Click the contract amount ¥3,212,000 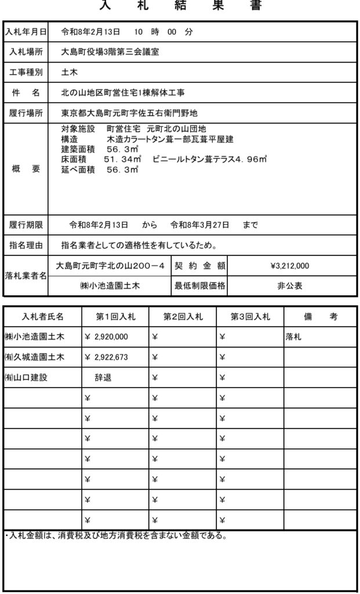pos(289,266)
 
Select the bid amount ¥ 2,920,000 pos(107,337)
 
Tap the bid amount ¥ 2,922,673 pos(107,357)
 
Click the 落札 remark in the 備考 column pos(294,337)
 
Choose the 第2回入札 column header pos(183,317)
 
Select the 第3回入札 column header pos(250,317)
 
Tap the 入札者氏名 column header pos(43,317)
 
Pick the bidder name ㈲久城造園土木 pos(34,357)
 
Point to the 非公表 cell pos(289,286)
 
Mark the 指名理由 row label pos(26,245)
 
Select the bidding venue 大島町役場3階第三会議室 pos(110,52)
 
